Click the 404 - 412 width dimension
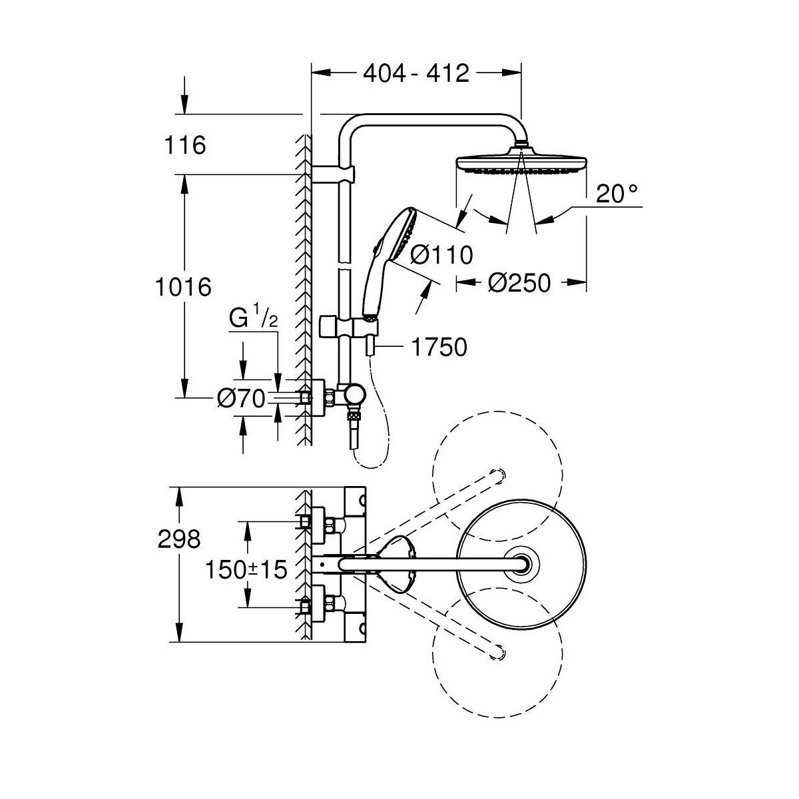point(416,73)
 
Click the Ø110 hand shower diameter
point(441,254)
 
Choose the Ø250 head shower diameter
point(519,283)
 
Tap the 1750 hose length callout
point(439,347)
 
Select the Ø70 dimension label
point(240,399)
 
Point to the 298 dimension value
point(178,539)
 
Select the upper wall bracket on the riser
point(336,174)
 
